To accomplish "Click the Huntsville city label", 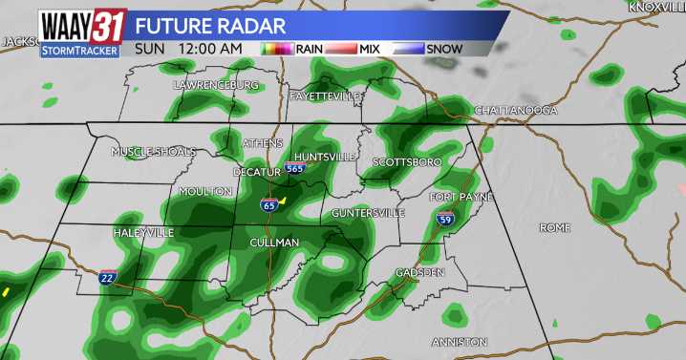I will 325,156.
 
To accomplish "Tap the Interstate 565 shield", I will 296,168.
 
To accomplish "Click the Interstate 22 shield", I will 108,276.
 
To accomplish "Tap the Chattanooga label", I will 516,111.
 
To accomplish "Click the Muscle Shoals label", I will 154,152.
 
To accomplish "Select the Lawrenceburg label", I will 217,85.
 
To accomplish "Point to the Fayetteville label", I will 327,96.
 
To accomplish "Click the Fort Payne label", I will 461,197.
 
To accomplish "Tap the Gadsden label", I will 420,273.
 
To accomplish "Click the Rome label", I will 554,228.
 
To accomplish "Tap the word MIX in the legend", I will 371,48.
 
